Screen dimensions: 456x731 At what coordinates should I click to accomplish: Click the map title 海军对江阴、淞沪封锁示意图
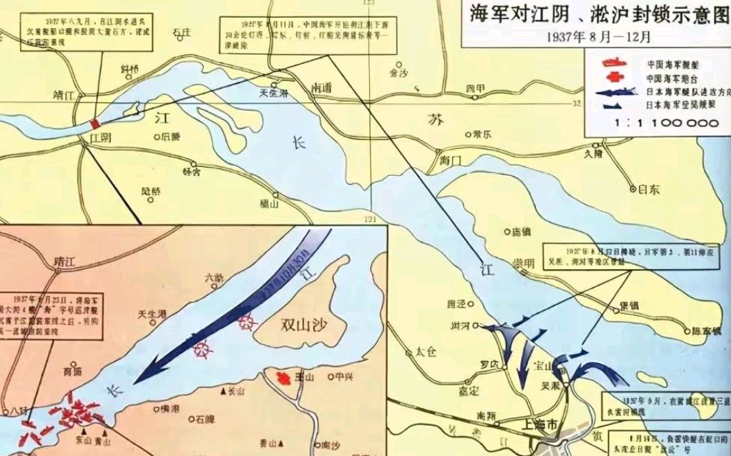click(596, 15)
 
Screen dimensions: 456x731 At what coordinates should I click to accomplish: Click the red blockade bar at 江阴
click(93, 123)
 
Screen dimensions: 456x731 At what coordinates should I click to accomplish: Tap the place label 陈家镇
click(706, 331)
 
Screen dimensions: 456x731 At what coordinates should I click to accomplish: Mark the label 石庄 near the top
click(181, 32)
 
